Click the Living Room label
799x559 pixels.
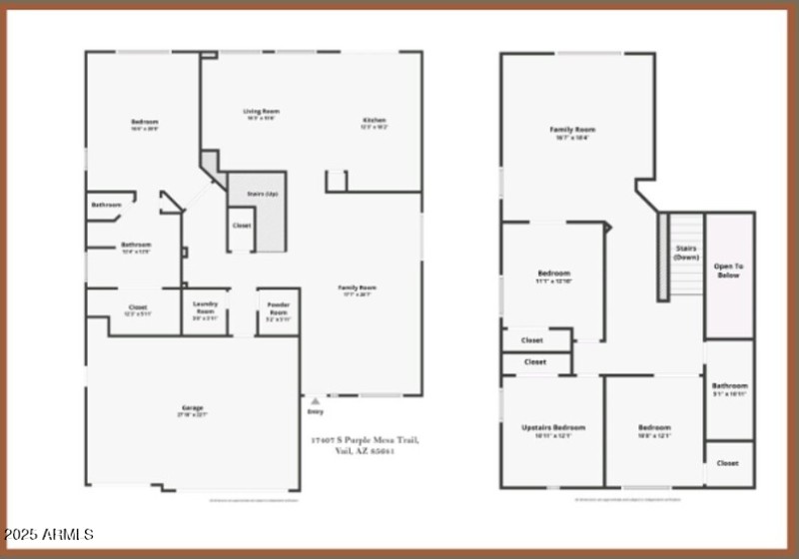tap(262, 111)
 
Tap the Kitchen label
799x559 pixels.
tap(374, 121)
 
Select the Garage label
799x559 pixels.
tap(192, 407)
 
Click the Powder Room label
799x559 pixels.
tap(278, 307)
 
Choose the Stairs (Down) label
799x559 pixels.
tap(686, 252)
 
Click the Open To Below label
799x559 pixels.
tap(729, 270)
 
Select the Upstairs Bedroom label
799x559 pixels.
tap(552, 427)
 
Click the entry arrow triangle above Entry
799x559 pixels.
tap(316, 400)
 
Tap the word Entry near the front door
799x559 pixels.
tap(316, 411)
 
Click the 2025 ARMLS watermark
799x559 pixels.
tap(50, 536)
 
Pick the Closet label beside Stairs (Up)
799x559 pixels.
tap(241, 226)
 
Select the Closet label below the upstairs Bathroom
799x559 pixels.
tap(728, 463)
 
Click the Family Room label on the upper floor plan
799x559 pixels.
tap(572, 130)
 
